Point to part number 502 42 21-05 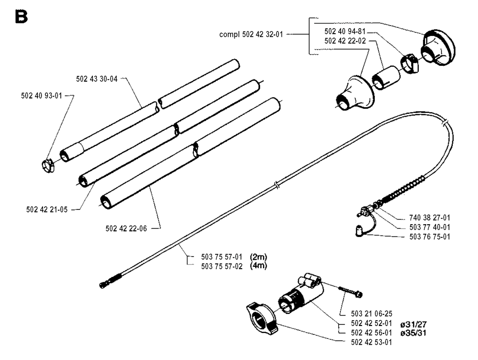47,209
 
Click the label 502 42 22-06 127,228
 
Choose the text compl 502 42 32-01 253,34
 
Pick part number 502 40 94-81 345,32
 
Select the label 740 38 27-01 422,218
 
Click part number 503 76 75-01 422,236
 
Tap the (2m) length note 258,256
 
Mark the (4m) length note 258,265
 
